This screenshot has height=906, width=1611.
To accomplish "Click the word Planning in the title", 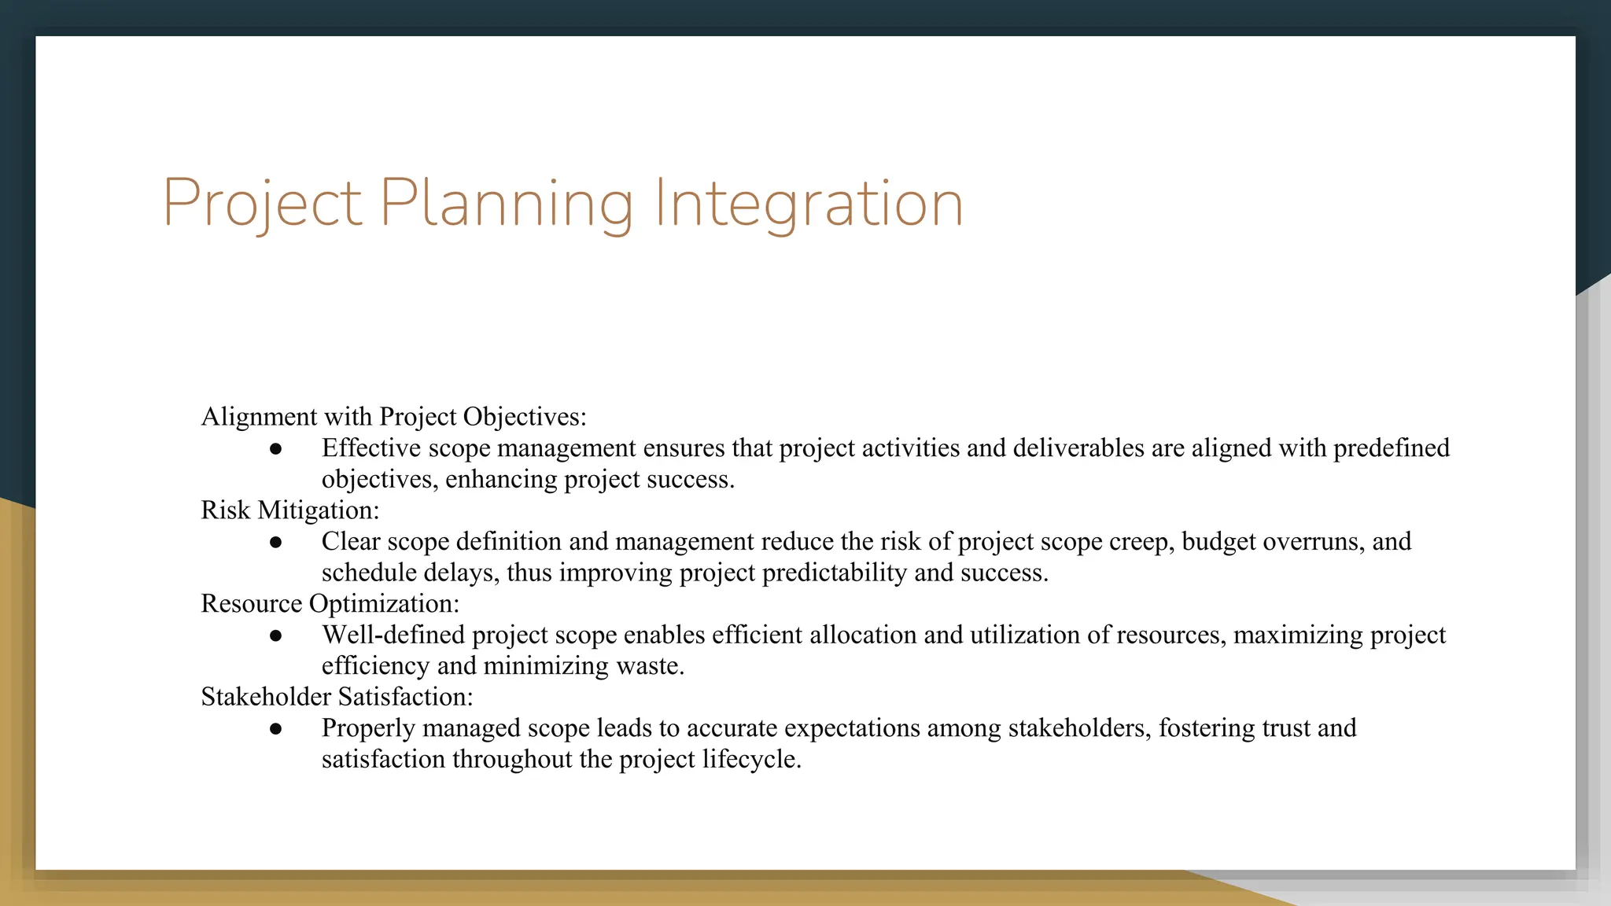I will point(506,204).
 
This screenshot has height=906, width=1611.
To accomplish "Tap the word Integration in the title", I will point(808,204).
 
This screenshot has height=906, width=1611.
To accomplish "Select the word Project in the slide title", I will point(262,204).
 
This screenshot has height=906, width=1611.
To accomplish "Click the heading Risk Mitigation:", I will point(289,510).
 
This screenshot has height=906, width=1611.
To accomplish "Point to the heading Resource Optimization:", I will point(330,604).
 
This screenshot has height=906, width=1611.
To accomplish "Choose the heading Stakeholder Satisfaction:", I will point(337,697).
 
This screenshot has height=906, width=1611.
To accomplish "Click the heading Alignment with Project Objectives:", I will point(393,417).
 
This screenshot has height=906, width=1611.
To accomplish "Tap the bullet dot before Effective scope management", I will point(275,449).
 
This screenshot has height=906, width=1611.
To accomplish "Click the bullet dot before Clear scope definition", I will point(275,543).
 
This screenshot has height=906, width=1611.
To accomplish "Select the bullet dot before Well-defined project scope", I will point(275,635).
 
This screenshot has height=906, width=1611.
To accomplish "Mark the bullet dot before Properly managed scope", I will point(275,729).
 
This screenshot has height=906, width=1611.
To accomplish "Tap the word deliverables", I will point(1078,448).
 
